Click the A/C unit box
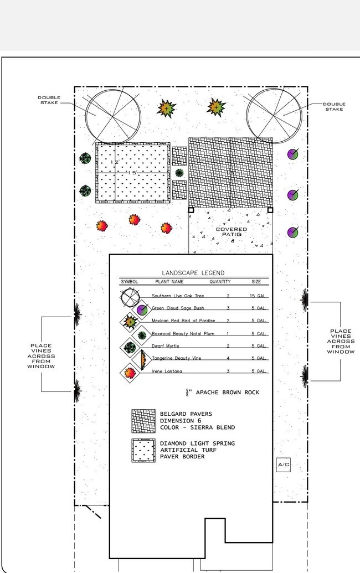(x=283, y=465)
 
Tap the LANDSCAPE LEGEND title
(x=193, y=273)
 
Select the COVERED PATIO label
(x=232, y=232)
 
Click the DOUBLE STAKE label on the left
(x=49, y=100)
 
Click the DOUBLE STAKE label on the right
(x=334, y=106)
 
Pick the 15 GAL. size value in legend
(x=259, y=296)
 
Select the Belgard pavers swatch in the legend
(x=142, y=421)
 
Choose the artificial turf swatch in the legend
(x=142, y=451)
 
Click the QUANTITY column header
(x=219, y=282)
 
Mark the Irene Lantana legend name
(x=166, y=371)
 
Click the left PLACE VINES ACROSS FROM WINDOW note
(x=41, y=356)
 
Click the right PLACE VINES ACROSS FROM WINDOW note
(x=341, y=342)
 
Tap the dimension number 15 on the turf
(x=132, y=173)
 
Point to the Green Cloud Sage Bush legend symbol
(x=142, y=309)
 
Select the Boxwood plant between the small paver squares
(x=179, y=173)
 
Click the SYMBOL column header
(x=129, y=282)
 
